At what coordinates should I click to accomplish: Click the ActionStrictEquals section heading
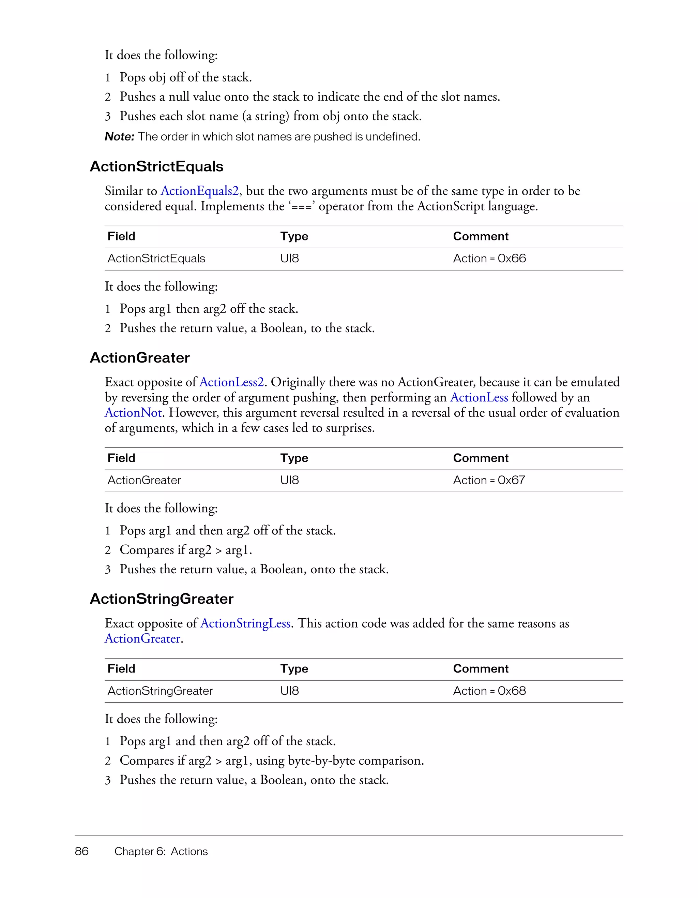click(x=156, y=166)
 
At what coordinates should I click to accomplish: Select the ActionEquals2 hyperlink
click(x=199, y=191)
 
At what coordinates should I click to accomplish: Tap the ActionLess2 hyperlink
click(x=231, y=382)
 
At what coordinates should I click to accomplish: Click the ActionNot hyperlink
click(x=133, y=412)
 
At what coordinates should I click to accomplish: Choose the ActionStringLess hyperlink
click(x=245, y=623)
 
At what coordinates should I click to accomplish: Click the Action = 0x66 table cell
click(x=489, y=259)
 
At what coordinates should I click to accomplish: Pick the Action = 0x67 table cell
click(x=489, y=480)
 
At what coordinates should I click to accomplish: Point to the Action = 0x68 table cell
click(x=489, y=691)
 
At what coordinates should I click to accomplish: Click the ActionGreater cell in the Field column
click(x=144, y=480)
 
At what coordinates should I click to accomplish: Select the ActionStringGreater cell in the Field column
click(x=160, y=691)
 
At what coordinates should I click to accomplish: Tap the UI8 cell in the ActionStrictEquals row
click(x=290, y=259)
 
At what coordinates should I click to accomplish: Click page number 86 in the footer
click(x=82, y=851)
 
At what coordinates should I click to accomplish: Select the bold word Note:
click(x=120, y=136)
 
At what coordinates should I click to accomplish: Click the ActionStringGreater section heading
click(x=162, y=599)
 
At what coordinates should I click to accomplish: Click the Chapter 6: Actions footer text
click(x=161, y=851)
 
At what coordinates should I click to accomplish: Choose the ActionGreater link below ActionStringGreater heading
click(x=142, y=638)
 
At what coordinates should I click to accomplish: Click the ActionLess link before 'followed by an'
click(x=479, y=397)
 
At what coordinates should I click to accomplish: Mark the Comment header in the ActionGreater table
click(x=480, y=458)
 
